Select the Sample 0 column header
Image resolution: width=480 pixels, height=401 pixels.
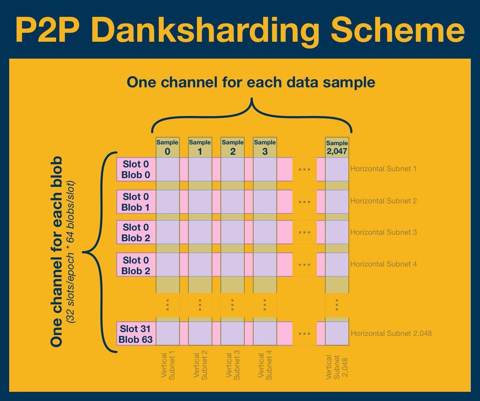point(167,147)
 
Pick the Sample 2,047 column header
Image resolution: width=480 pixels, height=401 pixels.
point(337,147)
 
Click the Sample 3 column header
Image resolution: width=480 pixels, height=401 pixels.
point(264,147)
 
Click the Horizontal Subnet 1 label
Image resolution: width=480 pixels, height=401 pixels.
point(384,169)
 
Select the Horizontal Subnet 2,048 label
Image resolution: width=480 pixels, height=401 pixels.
point(391,333)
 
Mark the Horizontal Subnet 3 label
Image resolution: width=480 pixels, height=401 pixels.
point(384,232)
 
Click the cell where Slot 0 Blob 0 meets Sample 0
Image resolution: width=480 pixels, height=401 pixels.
point(167,169)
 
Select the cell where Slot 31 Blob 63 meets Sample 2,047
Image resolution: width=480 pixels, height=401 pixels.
point(337,334)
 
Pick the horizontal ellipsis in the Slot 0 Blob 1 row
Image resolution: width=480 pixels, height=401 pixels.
point(304,202)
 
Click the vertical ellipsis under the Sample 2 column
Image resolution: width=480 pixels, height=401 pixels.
point(232,305)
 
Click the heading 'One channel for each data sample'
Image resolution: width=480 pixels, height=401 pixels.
point(251,82)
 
